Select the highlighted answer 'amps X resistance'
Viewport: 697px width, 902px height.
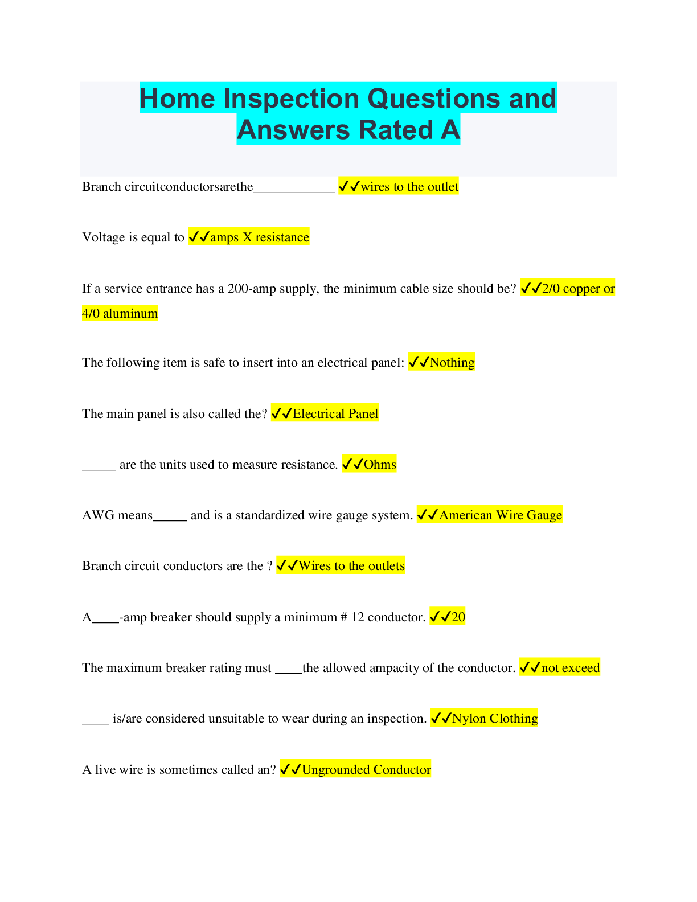click(x=260, y=237)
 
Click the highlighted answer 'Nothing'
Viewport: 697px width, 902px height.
click(x=453, y=362)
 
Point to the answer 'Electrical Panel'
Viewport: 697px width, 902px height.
click(x=335, y=413)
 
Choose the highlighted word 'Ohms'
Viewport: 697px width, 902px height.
click(x=380, y=464)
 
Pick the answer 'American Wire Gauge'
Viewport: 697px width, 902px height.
click(x=501, y=515)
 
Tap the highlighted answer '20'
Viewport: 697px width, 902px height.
click(x=458, y=617)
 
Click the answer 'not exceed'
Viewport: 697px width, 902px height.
click(x=571, y=667)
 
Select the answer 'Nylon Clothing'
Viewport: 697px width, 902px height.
click(x=495, y=719)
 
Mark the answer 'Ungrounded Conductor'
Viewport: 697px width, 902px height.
click(x=366, y=769)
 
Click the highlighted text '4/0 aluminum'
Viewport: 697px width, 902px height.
click(x=120, y=313)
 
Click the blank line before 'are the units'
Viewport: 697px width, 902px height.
click(x=99, y=469)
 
